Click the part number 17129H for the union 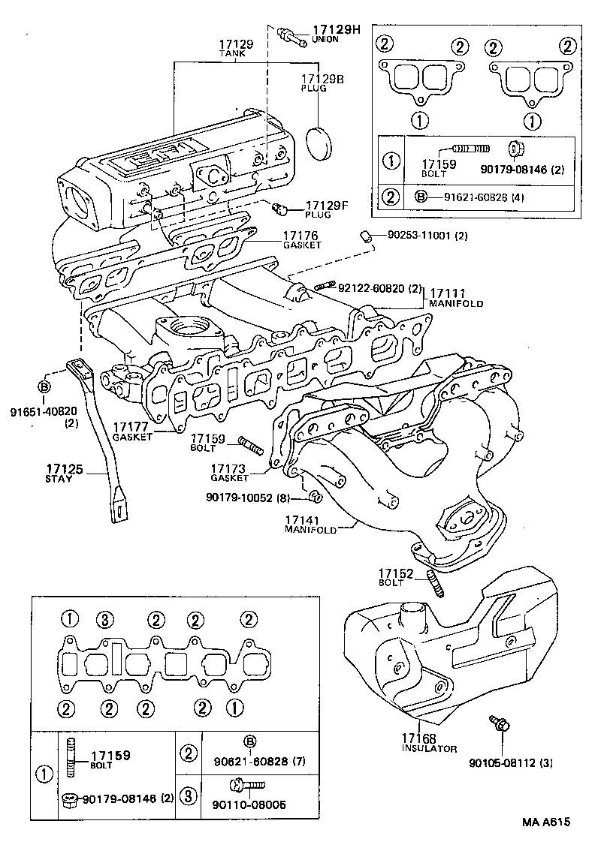(x=337, y=30)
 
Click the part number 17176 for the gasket (x=301, y=238)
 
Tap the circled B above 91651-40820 (x=44, y=386)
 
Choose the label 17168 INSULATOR (x=429, y=743)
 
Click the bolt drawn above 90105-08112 (x=500, y=724)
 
